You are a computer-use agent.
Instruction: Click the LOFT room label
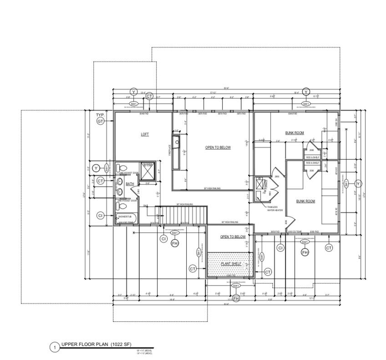point(145,134)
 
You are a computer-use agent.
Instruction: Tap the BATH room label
point(130,184)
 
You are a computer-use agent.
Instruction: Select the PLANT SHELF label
point(231,264)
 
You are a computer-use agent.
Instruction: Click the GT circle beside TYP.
point(100,121)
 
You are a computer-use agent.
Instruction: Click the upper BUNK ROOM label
point(295,133)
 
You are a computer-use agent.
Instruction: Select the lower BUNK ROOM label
point(305,201)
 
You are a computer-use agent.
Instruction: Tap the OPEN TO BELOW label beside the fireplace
point(218,148)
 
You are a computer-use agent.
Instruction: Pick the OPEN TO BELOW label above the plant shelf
point(233,237)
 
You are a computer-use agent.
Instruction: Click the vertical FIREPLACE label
point(170,150)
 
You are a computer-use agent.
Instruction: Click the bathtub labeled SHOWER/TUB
point(126,217)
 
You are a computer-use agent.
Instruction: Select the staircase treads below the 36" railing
point(181,213)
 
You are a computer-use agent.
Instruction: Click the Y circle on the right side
point(359,183)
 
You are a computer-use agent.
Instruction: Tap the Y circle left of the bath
point(96,168)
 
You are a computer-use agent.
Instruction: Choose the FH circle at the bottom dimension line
point(236,298)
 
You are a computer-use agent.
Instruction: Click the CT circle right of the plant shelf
point(268,272)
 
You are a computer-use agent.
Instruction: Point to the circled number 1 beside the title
point(55,348)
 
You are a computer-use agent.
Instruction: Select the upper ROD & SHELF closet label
point(312,158)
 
